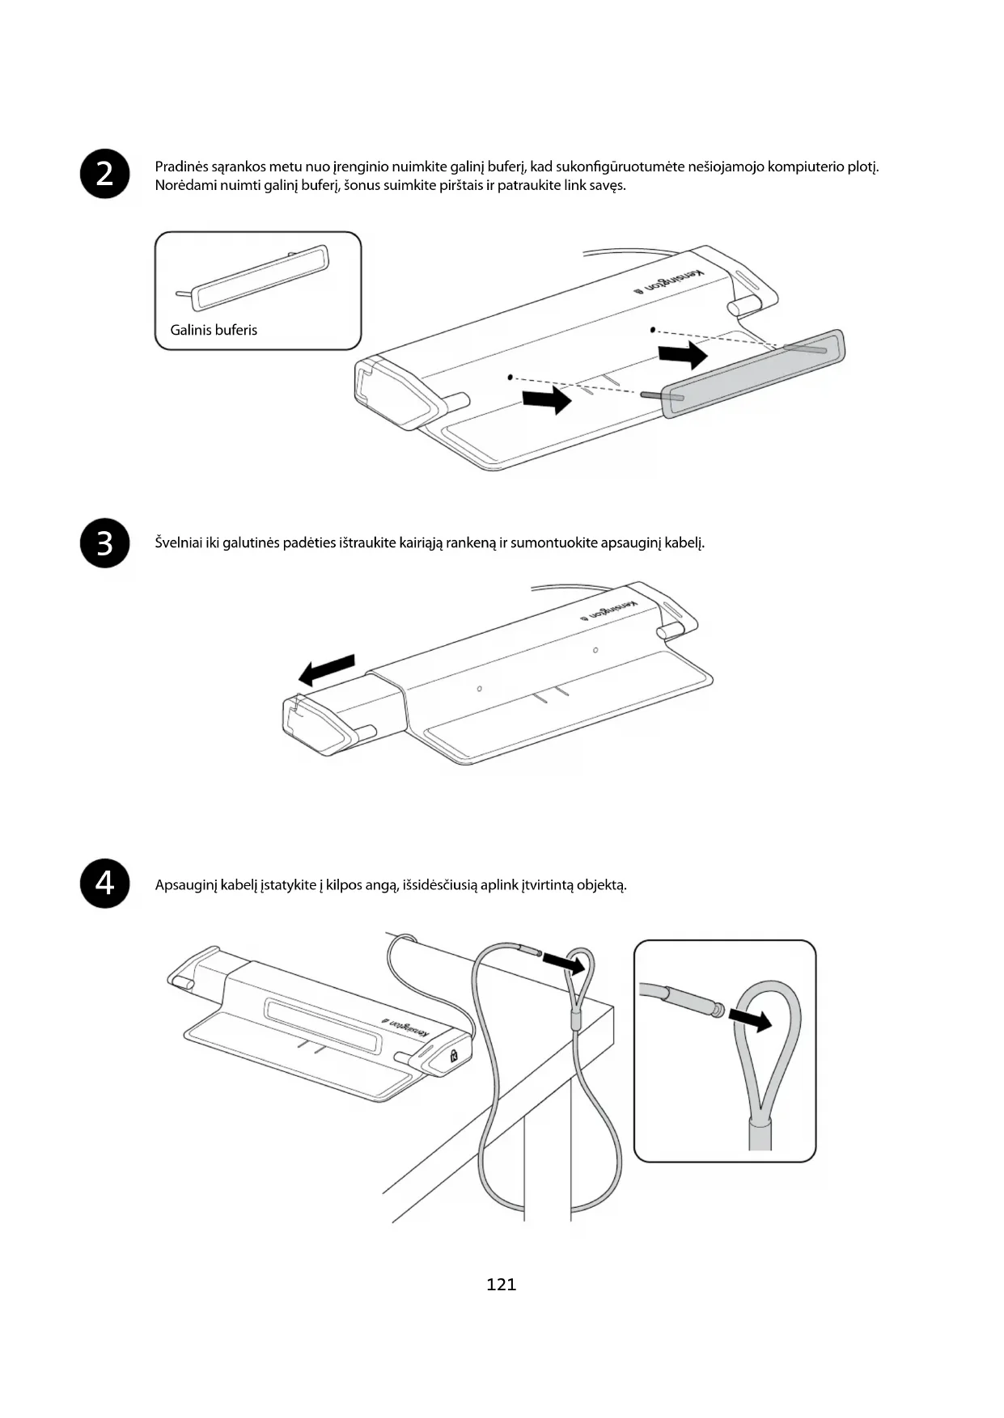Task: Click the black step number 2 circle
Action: (105, 174)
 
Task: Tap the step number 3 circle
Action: (105, 543)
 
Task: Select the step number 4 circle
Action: (105, 884)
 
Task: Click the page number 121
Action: (502, 1284)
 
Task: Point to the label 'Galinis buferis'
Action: (214, 330)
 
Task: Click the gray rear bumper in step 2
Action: (752, 373)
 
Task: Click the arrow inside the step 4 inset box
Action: (750, 1019)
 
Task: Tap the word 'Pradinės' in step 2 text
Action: (181, 167)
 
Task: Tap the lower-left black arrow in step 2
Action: (547, 399)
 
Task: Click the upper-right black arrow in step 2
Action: (683, 353)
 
